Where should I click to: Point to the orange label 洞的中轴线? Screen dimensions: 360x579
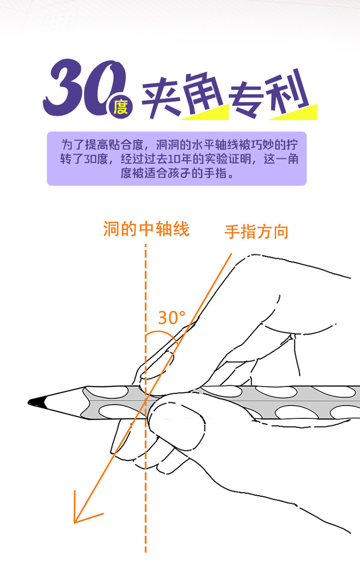pyautogui.click(x=146, y=229)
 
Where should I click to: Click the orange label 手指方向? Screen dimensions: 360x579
pyautogui.click(x=256, y=231)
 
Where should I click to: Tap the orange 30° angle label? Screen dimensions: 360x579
pyautogui.click(x=171, y=318)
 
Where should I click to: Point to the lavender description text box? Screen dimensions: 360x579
pyautogui.click(x=177, y=158)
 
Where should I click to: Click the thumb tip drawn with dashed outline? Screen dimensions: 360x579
pyautogui.click(x=175, y=424)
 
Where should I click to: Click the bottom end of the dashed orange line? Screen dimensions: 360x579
pyautogui.click(x=145, y=551)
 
